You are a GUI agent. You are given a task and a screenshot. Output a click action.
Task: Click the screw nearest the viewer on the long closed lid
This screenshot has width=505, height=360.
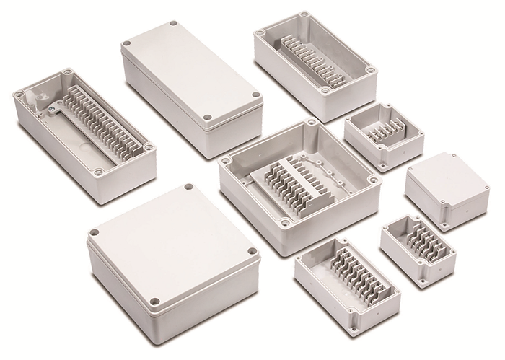(x=207, y=116)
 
